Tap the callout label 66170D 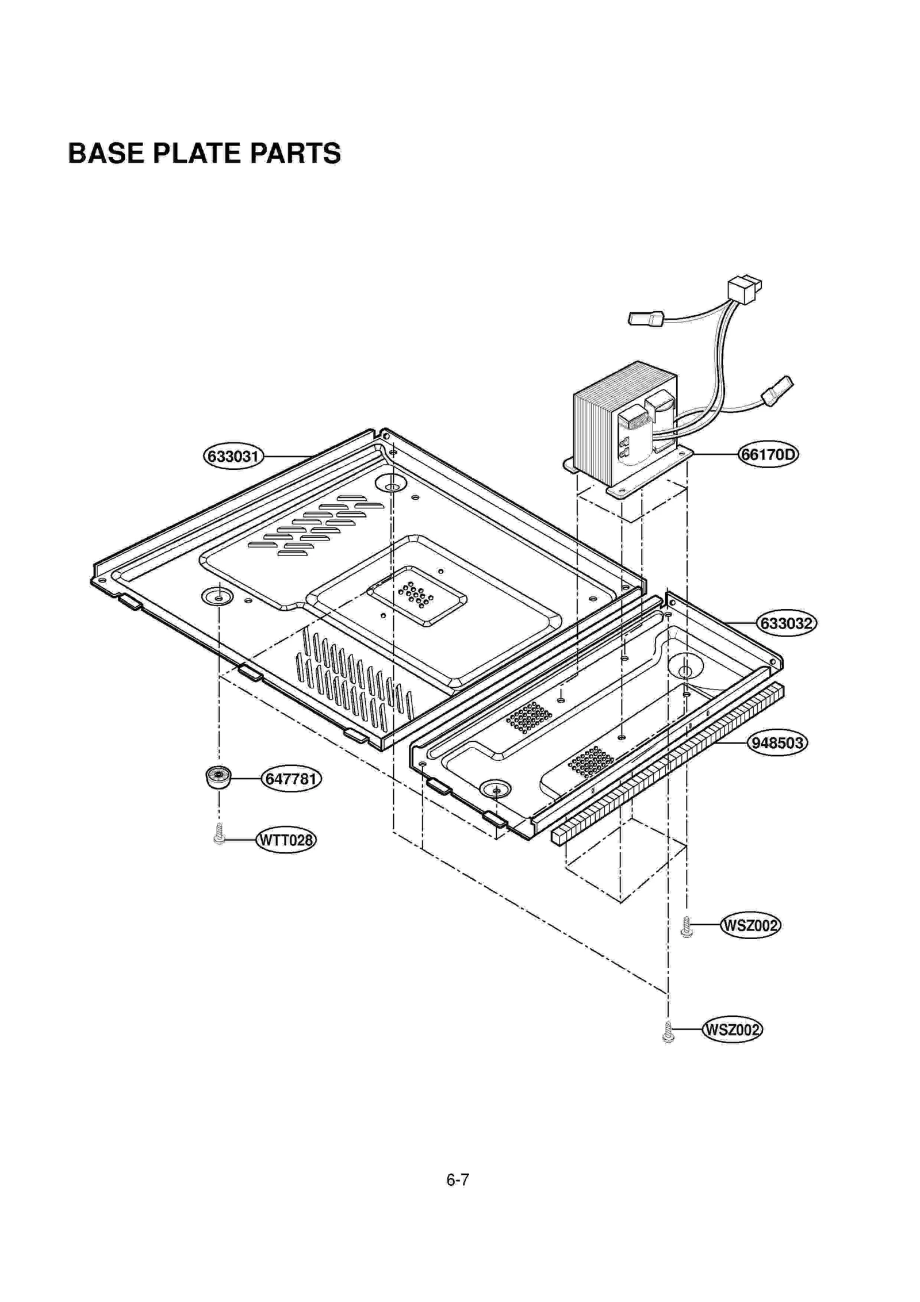(768, 455)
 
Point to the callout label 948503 (777, 743)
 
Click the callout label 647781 (292, 779)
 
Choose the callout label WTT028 (286, 840)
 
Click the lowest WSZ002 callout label (732, 1029)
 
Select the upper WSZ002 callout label (750, 925)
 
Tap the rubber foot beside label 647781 (217, 777)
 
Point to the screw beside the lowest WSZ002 (668, 1032)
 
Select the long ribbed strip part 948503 (667, 765)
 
